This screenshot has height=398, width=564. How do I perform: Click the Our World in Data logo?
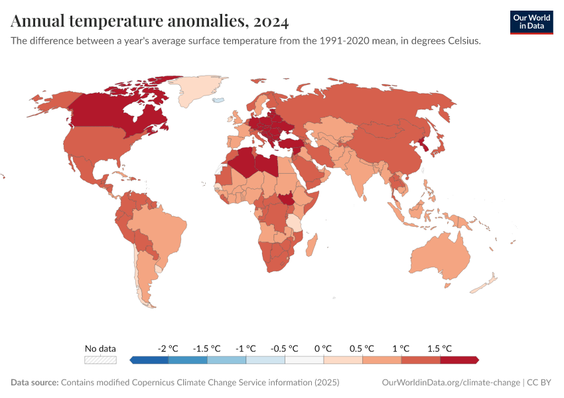coord(531,22)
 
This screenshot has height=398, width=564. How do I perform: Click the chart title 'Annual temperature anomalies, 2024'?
coord(150,22)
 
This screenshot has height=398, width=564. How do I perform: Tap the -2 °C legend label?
coord(168,348)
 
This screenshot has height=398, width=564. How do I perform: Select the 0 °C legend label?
coord(323,348)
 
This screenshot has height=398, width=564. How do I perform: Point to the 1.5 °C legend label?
coord(439,348)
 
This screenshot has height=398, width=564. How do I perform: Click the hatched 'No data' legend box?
coord(100,360)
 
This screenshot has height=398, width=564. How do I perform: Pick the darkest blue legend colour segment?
coord(150,360)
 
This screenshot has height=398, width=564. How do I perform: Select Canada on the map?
coord(113,113)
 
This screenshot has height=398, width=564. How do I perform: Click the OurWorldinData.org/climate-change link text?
coord(451,383)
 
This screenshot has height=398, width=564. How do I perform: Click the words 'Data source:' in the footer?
coord(35,383)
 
